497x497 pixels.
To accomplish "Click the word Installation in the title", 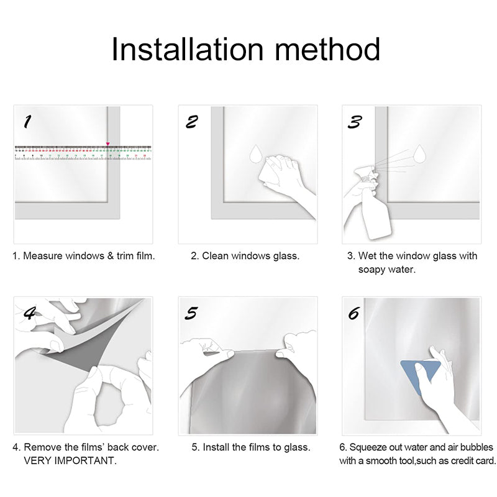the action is coord(188,49).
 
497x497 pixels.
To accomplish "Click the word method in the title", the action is coord(327,49).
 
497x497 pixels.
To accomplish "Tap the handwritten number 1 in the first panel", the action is coord(27,122).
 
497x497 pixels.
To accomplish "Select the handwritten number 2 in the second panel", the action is coord(192,122).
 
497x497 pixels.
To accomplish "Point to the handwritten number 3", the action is coord(354,122).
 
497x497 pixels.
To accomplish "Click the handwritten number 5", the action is coord(191,313).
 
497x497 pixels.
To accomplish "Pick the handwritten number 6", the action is coord(353,313).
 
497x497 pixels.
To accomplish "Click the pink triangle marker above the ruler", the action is coord(107,144).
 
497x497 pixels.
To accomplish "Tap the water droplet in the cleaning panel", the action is coord(255,153).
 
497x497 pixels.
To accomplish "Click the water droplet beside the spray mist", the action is coord(420,153).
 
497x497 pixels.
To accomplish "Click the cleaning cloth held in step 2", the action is coord(270,173).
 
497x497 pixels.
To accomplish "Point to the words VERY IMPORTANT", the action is coord(70,460).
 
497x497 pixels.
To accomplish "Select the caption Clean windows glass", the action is coord(245,256).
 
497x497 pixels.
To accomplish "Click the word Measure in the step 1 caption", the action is coord(43,256).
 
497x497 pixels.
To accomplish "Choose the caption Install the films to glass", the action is coord(251,447).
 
